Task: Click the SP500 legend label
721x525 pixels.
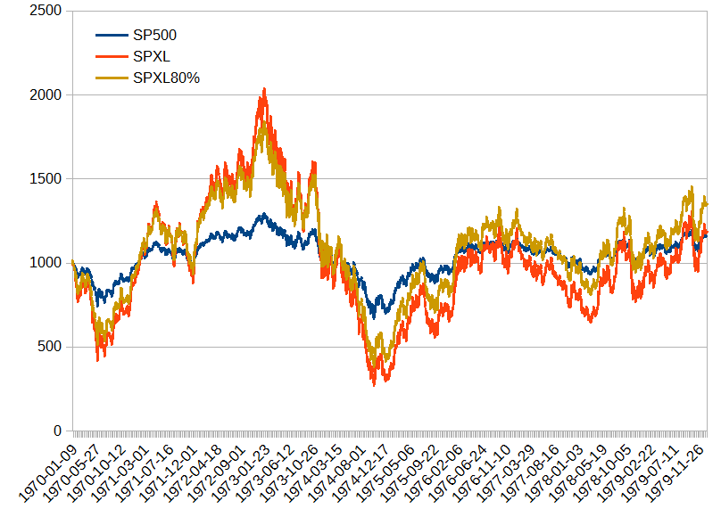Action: tap(155, 36)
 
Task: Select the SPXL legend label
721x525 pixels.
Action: tap(151, 57)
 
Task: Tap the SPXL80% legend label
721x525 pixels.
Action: tap(166, 78)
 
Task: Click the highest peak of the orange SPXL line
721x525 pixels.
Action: tap(264, 89)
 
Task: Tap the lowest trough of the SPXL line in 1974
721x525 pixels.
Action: tap(374, 385)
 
